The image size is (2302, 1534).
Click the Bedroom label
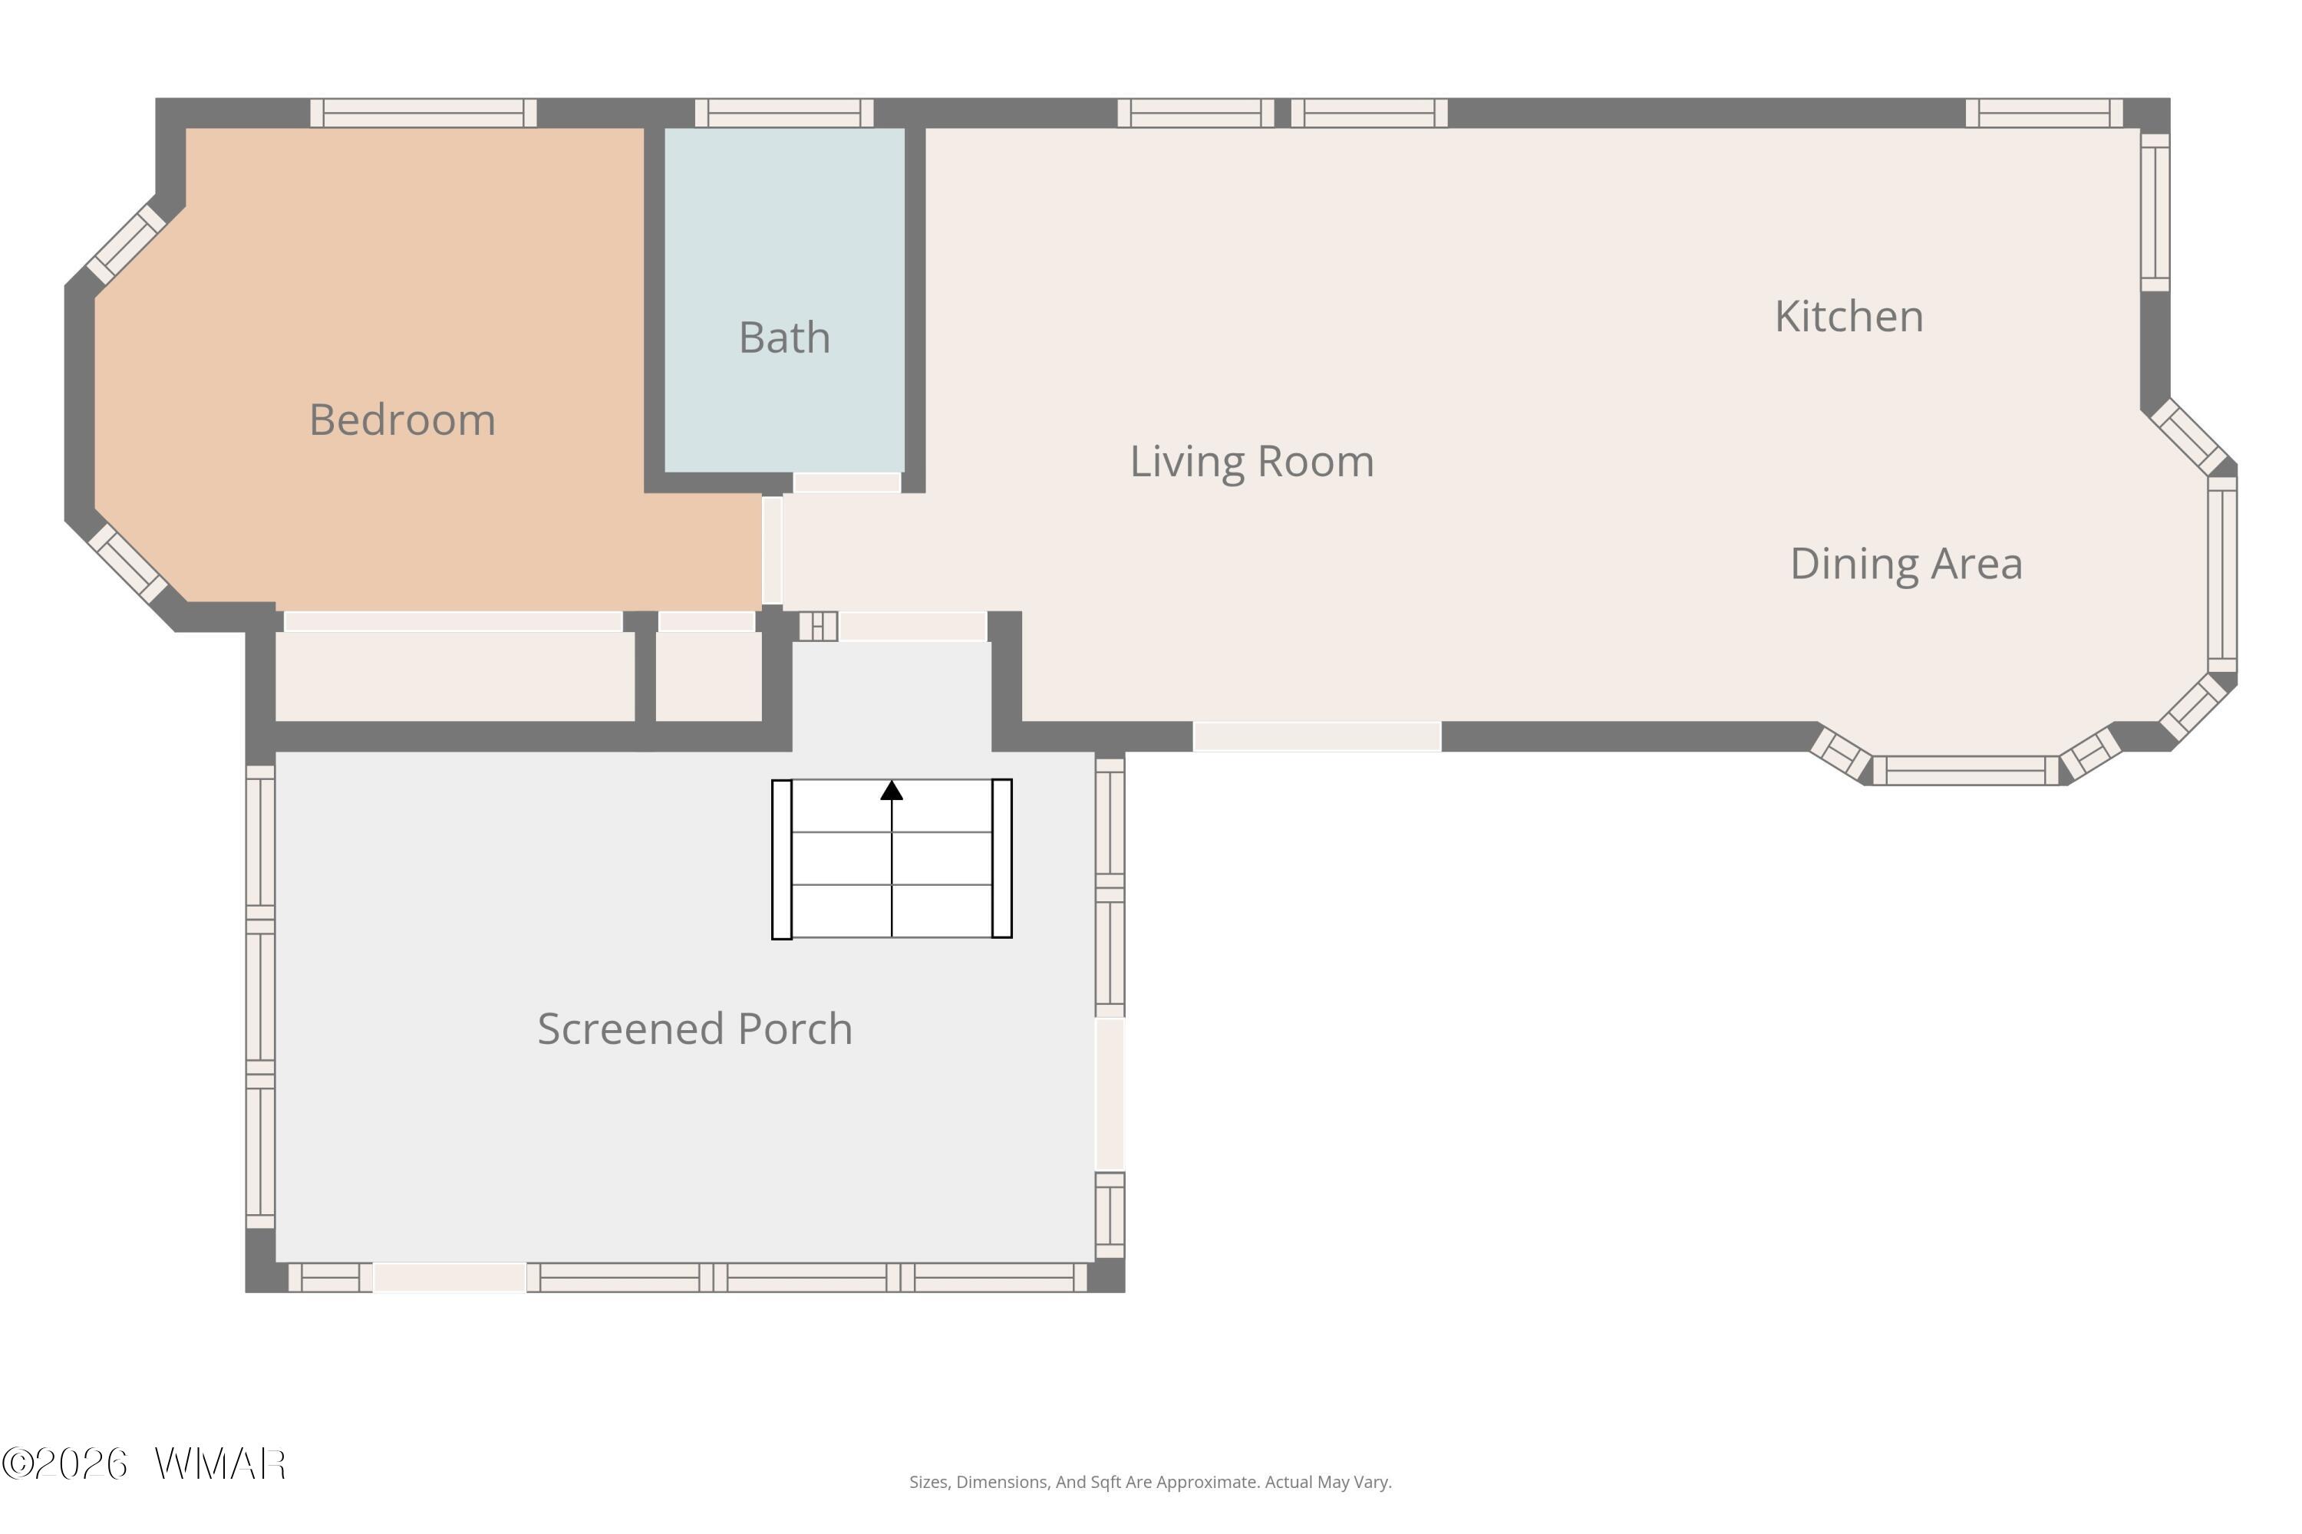(x=402, y=420)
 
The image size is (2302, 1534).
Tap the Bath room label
(x=784, y=337)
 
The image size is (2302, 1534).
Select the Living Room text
(x=1252, y=462)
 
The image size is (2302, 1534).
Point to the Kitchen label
(x=1849, y=317)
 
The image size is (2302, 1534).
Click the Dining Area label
(x=1905, y=565)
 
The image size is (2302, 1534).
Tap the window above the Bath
(x=784, y=113)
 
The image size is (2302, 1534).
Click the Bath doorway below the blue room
(x=846, y=482)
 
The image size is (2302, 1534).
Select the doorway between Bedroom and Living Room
(x=772, y=550)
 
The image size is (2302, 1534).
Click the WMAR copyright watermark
(x=144, y=1463)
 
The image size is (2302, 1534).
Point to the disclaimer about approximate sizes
(x=1150, y=1482)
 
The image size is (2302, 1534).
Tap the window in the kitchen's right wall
(x=2155, y=212)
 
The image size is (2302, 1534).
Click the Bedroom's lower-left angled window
(x=127, y=564)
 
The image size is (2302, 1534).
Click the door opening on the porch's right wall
(x=1110, y=1095)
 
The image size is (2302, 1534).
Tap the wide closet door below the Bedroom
(x=453, y=621)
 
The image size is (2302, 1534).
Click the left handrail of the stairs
(x=782, y=859)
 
